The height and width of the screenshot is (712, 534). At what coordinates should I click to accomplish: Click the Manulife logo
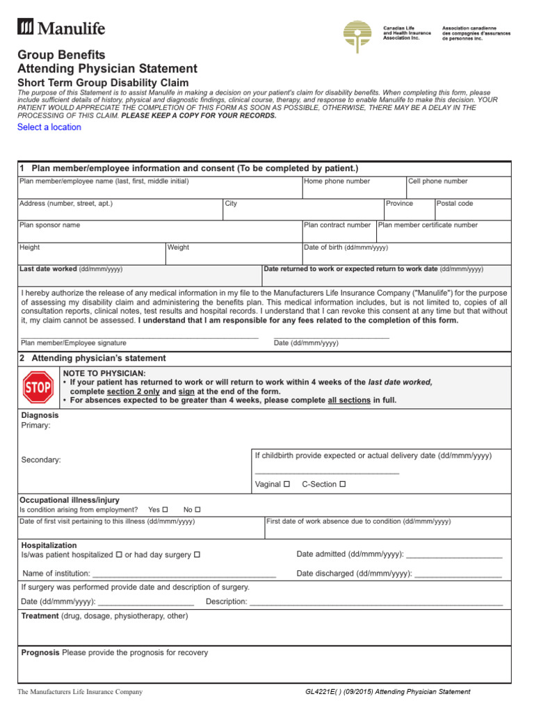[x=61, y=28]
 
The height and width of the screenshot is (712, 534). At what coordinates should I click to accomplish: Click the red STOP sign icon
[x=38, y=387]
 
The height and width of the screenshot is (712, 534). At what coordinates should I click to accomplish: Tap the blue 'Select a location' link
[x=49, y=127]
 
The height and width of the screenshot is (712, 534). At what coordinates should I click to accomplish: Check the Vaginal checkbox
[x=286, y=484]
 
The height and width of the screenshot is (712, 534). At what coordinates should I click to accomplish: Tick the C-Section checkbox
[x=342, y=484]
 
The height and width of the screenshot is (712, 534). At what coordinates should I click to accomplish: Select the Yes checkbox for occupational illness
[x=165, y=510]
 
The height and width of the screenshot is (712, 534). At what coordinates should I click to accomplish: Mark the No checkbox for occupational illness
[x=197, y=510]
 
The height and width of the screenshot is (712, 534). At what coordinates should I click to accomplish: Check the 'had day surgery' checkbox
[x=197, y=554]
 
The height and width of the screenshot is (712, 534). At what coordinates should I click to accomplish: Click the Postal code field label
[x=455, y=204]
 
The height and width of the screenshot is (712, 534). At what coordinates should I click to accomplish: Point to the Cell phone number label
[x=438, y=181]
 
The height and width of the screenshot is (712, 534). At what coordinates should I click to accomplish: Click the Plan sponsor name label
[x=50, y=225]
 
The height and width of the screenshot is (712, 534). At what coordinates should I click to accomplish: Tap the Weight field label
[x=178, y=248]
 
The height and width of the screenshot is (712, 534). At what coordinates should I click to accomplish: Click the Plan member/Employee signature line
[x=139, y=337]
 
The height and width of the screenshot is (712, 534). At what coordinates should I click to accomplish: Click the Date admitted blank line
[x=453, y=556]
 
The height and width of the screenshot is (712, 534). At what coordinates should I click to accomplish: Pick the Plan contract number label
[x=337, y=225]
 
